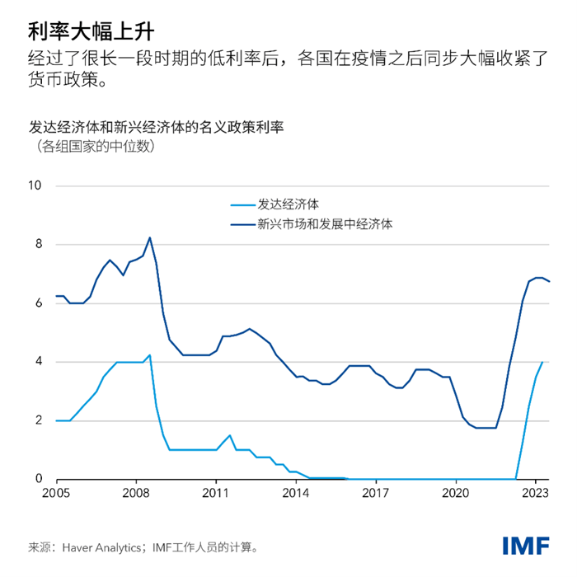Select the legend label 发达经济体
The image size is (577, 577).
click(288, 203)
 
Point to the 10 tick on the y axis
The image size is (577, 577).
click(35, 185)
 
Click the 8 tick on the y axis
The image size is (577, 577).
click(37, 244)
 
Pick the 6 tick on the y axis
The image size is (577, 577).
click(37, 303)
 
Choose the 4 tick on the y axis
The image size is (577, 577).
click(37, 361)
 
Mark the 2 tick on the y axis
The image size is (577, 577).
click(37, 420)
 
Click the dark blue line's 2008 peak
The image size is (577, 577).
click(149, 237)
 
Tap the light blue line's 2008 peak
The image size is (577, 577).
click(149, 355)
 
